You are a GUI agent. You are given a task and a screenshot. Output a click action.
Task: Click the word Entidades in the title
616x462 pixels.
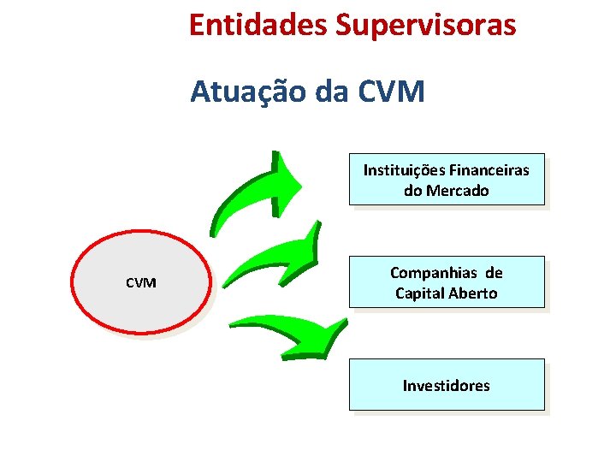point(258,25)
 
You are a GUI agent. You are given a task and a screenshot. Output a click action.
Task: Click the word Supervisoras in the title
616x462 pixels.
point(426,25)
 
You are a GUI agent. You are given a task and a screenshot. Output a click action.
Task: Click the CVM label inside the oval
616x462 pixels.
point(140,282)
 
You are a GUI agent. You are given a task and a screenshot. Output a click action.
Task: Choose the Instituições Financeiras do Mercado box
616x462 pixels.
point(446,180)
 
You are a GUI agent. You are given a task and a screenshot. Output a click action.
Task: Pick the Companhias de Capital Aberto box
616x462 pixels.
point(446,282)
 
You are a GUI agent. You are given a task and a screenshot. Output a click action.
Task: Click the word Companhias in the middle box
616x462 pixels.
point(434,272)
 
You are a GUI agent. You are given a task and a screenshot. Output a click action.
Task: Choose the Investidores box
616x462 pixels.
point(446,385)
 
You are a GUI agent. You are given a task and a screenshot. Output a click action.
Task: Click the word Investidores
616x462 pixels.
point(446,386)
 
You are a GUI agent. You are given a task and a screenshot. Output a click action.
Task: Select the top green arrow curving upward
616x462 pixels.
point(257,192)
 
